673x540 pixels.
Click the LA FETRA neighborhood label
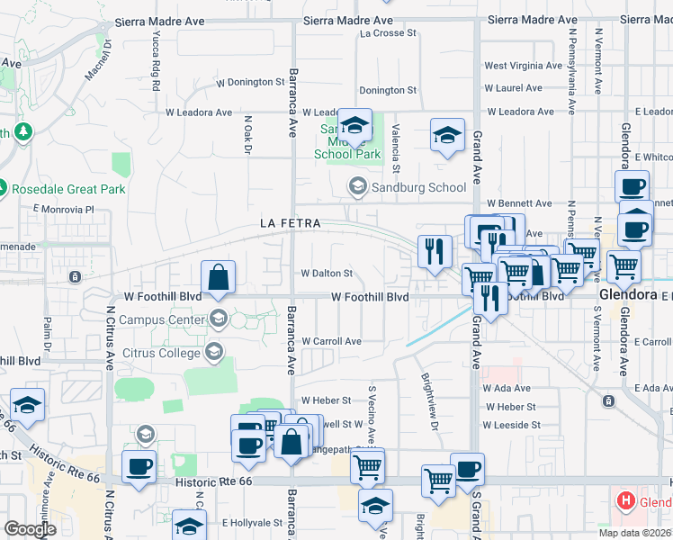coord(291,222)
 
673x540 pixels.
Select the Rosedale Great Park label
coord(67,189)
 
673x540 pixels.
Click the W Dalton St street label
coord(326,273)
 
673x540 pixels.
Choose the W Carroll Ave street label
coord(331,341)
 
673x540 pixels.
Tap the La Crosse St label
coord(389,33)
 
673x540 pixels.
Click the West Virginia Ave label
coord(523,66)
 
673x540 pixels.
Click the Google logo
coord(30,529)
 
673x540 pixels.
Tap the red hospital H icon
coord(624,500)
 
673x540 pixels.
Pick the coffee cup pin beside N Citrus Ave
coord(139,466)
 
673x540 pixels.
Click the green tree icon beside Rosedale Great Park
coord(22,133)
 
